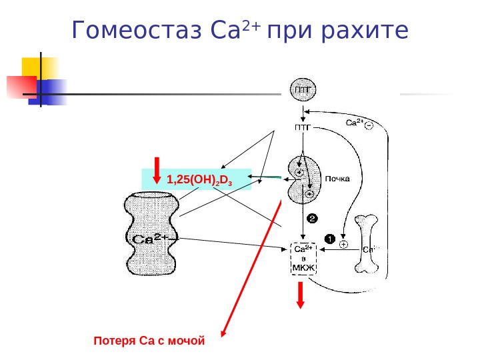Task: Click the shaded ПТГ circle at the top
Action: coord(301,90)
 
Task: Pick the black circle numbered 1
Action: coord(328,237)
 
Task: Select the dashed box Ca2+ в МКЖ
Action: coord(303,257)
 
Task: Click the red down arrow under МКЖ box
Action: coord(301,295)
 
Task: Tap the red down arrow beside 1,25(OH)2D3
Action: coord(157,171)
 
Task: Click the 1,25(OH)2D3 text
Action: coord(198,179)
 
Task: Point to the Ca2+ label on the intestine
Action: coord(152,238)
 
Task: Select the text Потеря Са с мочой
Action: coord(149,341)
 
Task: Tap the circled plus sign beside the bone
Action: coord(343,245)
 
